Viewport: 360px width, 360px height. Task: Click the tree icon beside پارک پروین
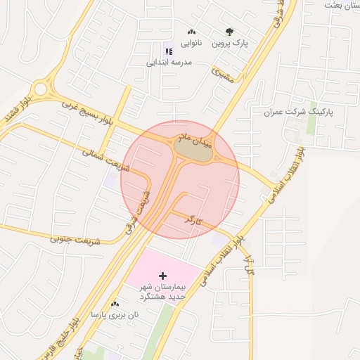click(x=229, y=32)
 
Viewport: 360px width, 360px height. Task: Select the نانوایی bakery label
click(x=191, y=44)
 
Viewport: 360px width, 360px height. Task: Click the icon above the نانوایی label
click(x=191, y=32)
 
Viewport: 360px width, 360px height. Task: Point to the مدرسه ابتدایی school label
click(x=169, y=62)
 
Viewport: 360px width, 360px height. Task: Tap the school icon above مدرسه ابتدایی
click(x=168, y=51)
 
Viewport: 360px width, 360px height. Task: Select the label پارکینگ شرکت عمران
click(x=298, y=112)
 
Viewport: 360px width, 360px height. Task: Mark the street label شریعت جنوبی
click(x=75, y=238)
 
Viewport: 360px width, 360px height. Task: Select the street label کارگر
click(x=193, y=220)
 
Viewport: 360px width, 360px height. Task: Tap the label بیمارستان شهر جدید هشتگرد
click(x=162, y=292)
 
